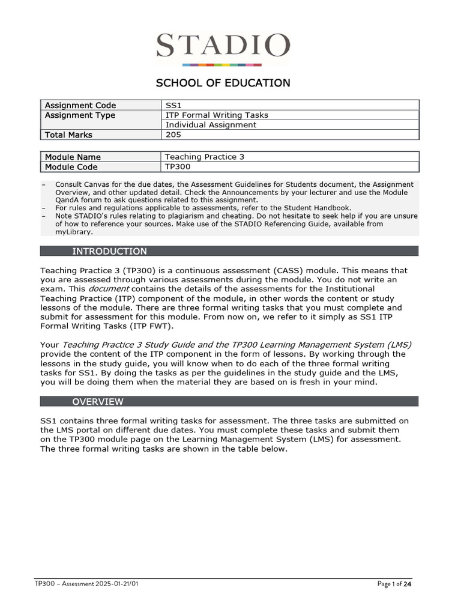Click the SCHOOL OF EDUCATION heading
[x=223, y=83]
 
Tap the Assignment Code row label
[x=80, y=105]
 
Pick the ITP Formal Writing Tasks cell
[x=217, y=115]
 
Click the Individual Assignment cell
[x=211, y=125]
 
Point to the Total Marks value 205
[x=173, y=135]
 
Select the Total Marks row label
[x=69, y=135]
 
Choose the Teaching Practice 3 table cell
[x=205, y=157]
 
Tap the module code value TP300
[x=177, y=167]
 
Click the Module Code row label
[x=71, y=167]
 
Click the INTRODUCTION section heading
[x=109, y=251]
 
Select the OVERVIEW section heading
[x=98, y=401]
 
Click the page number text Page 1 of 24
[x=394, y=584]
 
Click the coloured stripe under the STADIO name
[x=222, y=64]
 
